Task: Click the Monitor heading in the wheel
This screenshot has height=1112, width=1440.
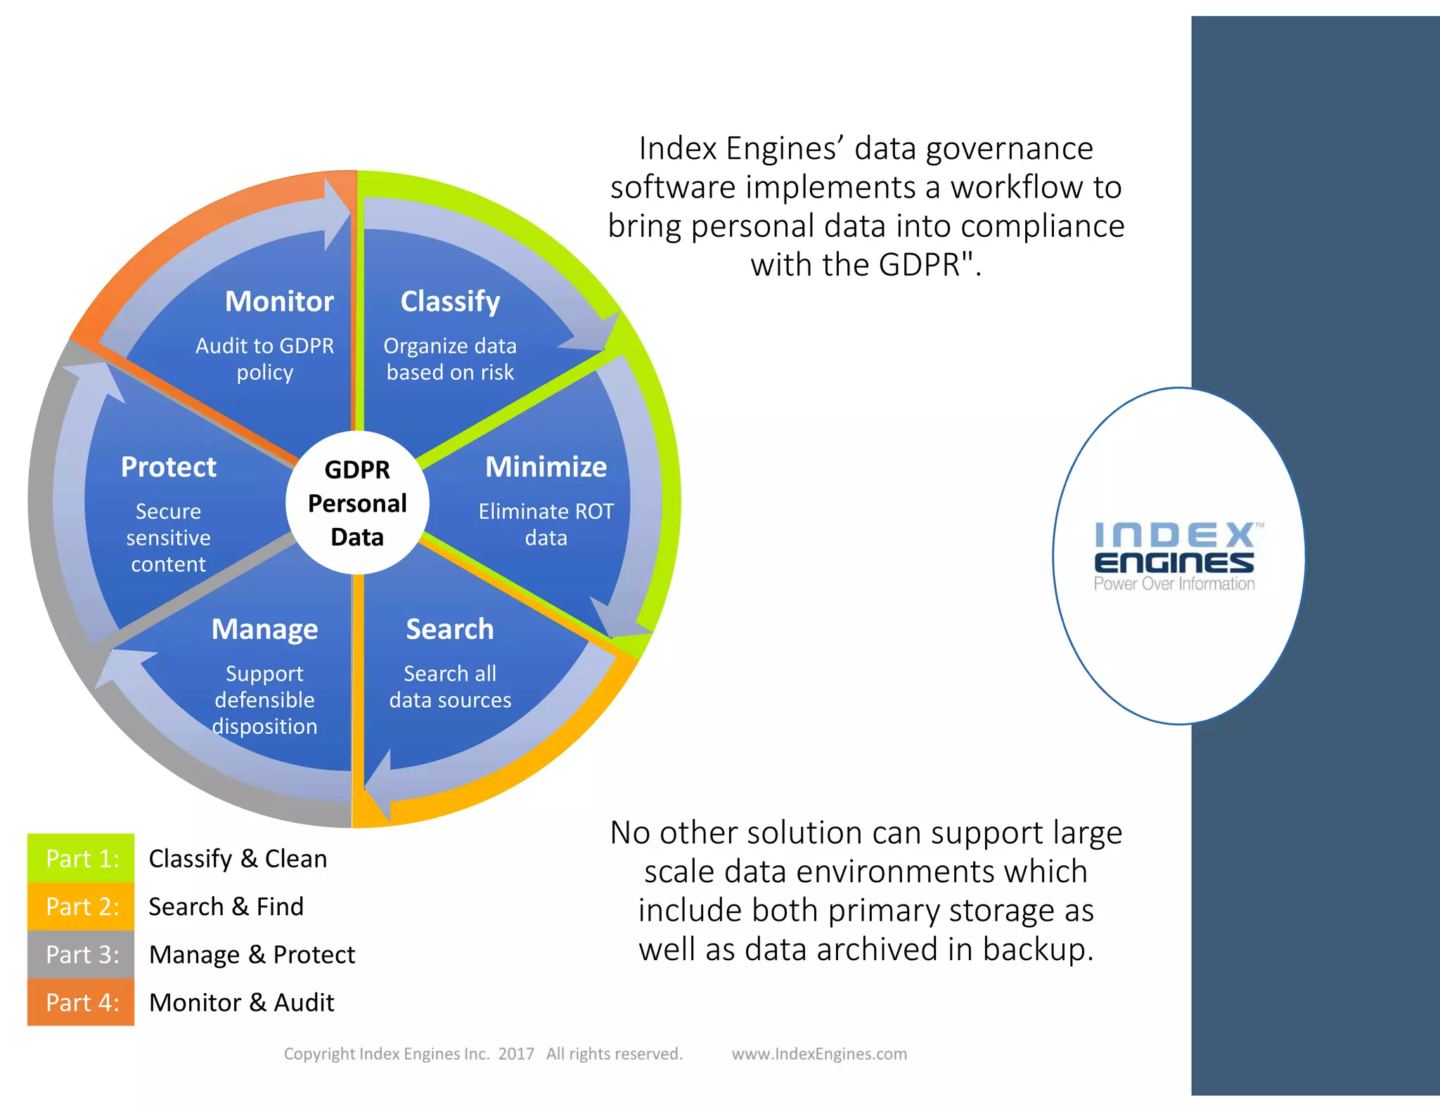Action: pyautogui.click(x=279, y=302)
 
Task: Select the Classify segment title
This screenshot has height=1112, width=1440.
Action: pyautogui.click(x=450, y=302)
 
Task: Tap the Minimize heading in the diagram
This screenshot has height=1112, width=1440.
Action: pyautogui.click(x=546, y=467)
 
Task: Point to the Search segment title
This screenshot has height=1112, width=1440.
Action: pyautogui.click(x=450, y=629)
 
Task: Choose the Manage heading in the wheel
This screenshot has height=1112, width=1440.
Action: pyautogui.click(x=264, y=629)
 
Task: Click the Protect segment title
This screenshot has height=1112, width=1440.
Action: pyautogui.click(x=169, y=467)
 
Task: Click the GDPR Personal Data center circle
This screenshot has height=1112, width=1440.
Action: pyautogui.click(x=357, y=503)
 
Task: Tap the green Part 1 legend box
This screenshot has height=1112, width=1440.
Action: pyautogui.click(x=81, y=858)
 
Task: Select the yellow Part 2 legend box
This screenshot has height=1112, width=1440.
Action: pyautogui.click(x=81, y=907)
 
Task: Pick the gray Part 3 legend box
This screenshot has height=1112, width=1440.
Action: pyautogui.click(x=81, y=955)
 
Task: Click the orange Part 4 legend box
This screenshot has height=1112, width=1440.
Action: pyautogui.click(x=81, y=1002)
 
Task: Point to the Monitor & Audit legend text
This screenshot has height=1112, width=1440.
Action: pyautogui.click(x=242, y=1002)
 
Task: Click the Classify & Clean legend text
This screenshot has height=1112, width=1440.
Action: pyautogui.click(x=238, y=858)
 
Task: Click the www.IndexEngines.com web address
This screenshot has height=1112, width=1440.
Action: pyautogui.click(x=819, y=1054)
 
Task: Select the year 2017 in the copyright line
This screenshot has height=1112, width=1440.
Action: pyautogui.click(x=516, y=1054)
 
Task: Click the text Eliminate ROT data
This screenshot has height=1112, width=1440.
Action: pyautogui.click(x=546, y=524)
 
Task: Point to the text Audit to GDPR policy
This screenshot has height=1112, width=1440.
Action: pyautogui.click(x=264, y=358)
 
